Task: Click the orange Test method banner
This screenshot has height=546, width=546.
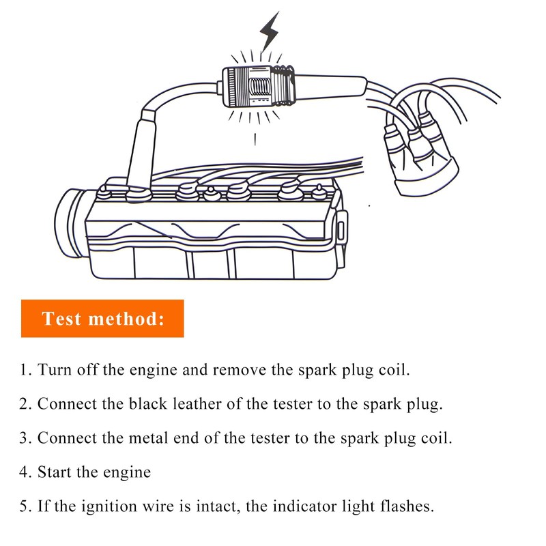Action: click(102, 318)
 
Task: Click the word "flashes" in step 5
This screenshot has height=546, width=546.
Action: click(407, 507)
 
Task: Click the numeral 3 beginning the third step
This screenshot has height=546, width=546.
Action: click(25, 437)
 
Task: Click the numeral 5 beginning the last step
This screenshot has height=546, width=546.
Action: click(25, 507)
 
